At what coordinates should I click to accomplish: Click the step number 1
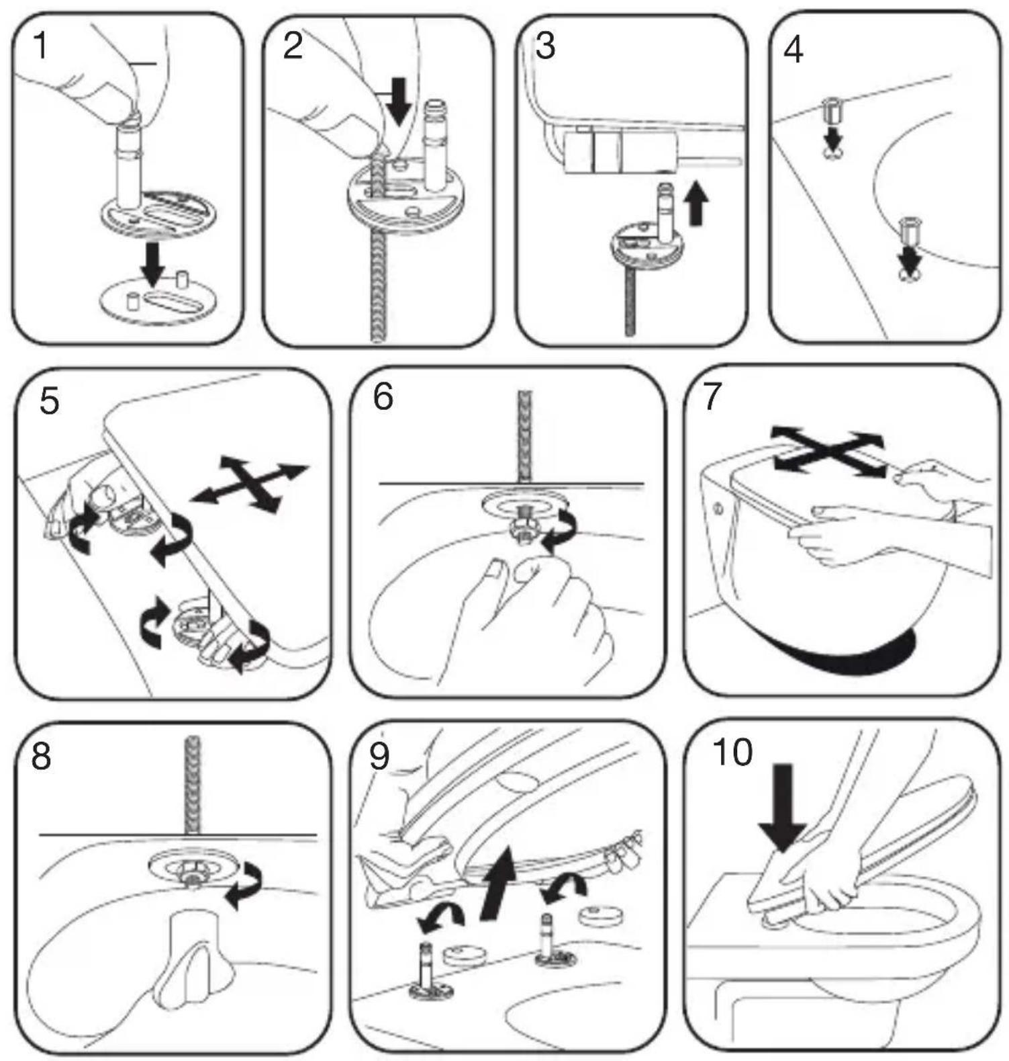(41, 46)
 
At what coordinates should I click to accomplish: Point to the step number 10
(732, 752)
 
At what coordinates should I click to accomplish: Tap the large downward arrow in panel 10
(783, 804)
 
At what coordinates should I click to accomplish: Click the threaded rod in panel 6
(523, 437)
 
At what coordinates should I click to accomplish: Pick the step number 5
(50, 401)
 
